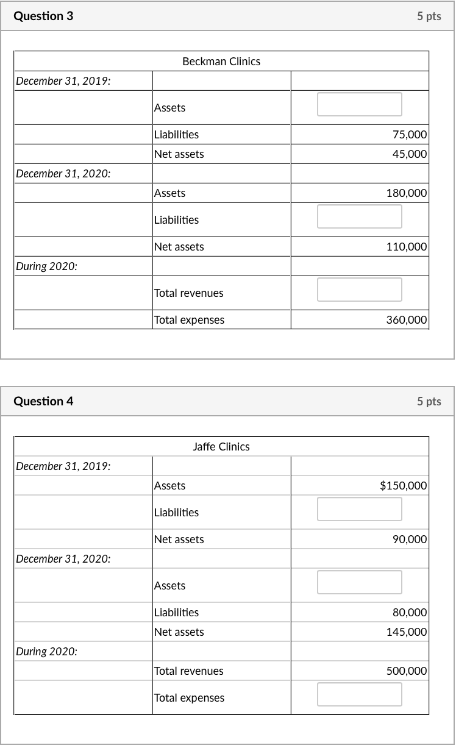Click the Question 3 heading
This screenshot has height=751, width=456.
(x=43, y=16)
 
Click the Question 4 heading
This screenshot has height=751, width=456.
(x=43, y=401)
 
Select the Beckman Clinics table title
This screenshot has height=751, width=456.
(x=221, y=62)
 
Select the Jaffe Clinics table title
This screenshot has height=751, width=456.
(x=221, y=447)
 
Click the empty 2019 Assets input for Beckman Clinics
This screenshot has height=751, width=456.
(x=359, y=104)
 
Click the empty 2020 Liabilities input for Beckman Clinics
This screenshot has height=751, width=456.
(x=359, y=216)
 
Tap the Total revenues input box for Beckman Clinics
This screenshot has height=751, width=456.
(x=359, y=290)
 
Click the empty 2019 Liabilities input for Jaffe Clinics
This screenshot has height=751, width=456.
(x=359, y=509)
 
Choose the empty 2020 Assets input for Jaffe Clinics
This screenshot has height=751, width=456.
(x=359, y=582)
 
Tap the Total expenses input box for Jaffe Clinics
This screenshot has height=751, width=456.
(x=359, y=694)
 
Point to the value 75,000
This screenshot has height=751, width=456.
(x=410, y=135)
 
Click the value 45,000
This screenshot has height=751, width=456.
(x=410, y=154)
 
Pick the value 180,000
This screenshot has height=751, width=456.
(x=407, y=193)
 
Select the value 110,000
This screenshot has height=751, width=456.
(x=407, y=247)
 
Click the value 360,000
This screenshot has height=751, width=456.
(x=407, y=320)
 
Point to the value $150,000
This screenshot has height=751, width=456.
(x=403, y=486)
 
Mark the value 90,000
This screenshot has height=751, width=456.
(x=410, y=539)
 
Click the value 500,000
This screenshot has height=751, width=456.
(x=407, y=671)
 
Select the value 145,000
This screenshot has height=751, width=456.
(x=407, y=632)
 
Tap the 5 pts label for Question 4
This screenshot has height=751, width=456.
(x=429, y=402)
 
